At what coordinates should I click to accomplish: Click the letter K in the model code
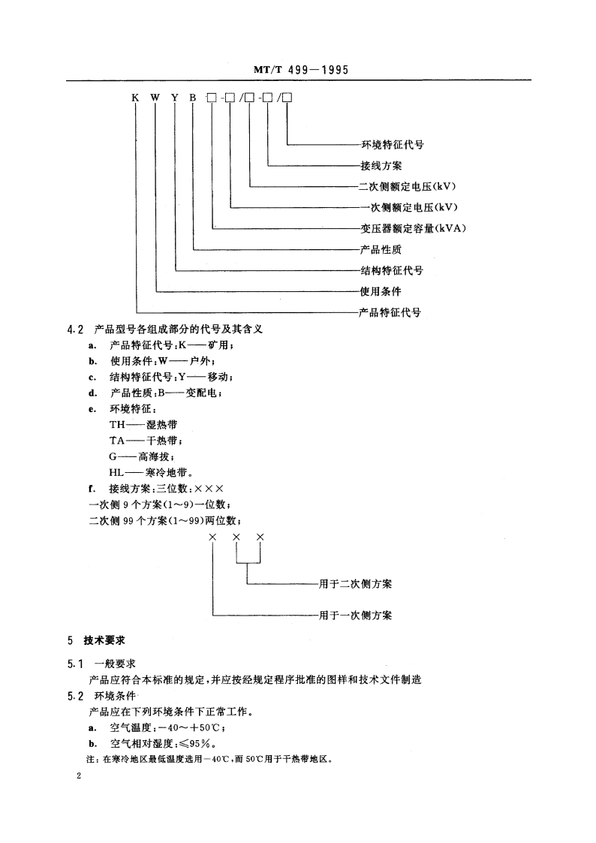coord(136,97)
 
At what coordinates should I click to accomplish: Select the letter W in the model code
coord(156,97)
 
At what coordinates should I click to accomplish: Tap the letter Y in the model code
coord(176,97)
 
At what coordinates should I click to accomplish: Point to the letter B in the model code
coord(194,97)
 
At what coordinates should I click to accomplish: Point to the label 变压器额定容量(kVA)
coord(414,227)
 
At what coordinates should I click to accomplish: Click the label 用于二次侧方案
coord(355,583)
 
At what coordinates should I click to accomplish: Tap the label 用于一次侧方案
coord(355,616)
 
